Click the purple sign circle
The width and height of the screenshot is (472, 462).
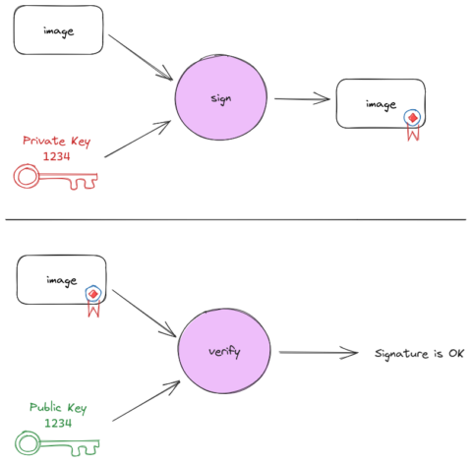coord(220,98)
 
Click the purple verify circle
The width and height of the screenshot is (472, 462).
coord(225,351)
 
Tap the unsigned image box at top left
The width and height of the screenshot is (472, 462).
coord(59,31)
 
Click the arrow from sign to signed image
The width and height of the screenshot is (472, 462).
coord(302,98)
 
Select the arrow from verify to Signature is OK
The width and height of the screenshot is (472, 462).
coord(316,352)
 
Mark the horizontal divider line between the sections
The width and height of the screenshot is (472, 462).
coord(236,219)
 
